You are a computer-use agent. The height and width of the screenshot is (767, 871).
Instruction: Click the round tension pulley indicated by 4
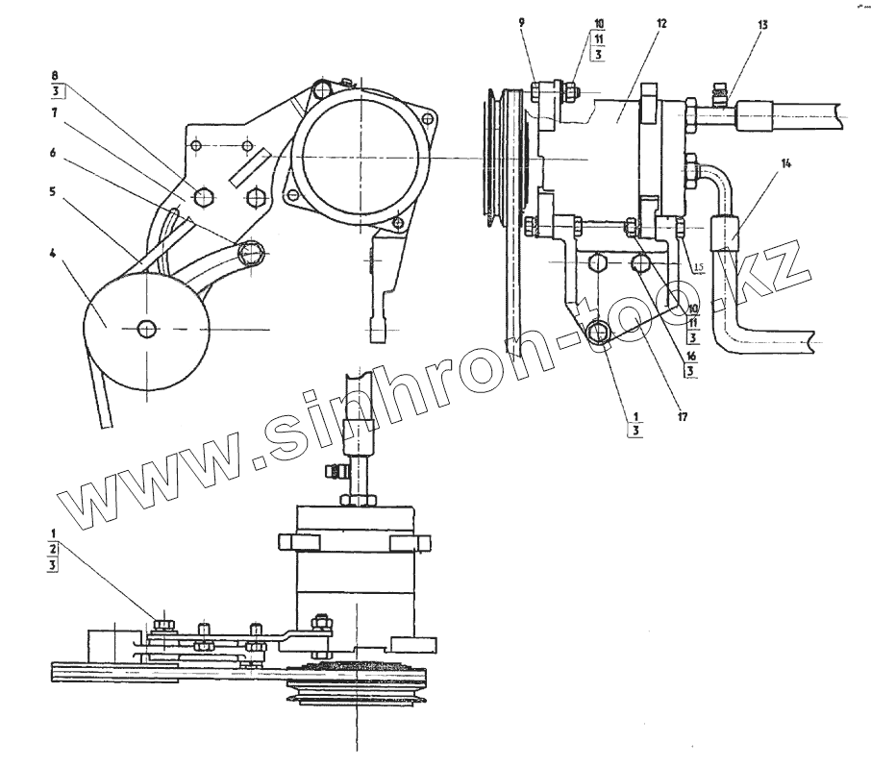(145, 328)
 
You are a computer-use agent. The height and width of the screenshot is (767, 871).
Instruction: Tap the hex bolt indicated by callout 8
(205, 197)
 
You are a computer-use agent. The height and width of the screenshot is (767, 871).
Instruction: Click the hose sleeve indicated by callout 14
(727, 234)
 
